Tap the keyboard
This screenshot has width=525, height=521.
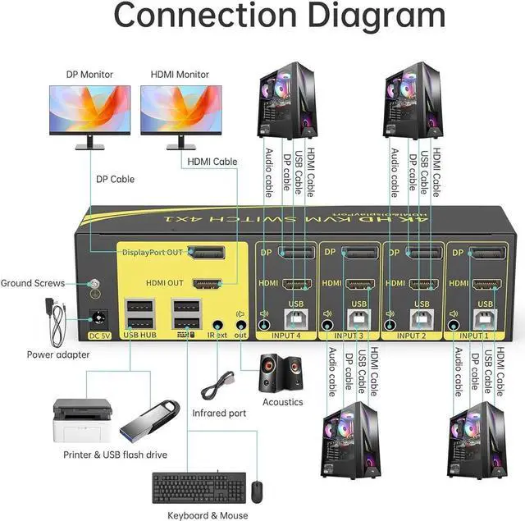[194, 488]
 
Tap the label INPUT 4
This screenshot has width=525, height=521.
[285, 336]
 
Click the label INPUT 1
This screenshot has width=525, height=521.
[475, 336]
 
